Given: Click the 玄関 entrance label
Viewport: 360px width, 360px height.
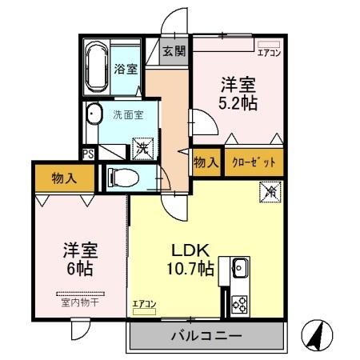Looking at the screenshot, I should (174, 51).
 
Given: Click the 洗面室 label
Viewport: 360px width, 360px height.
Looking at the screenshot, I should (128, 114).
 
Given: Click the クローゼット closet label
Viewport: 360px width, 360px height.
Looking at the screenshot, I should (254, 162).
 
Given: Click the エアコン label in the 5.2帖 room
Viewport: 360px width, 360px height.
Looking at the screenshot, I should (268, 54).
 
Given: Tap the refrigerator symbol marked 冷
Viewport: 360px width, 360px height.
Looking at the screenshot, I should (270, 191).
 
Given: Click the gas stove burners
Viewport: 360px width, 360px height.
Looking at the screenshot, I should (239, 302).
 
